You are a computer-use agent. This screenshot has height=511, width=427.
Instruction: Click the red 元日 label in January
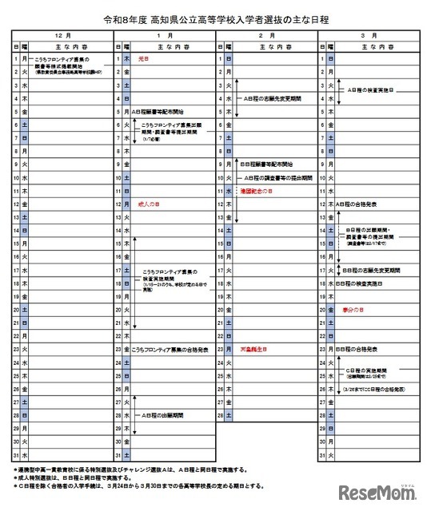click(x=145, y=58)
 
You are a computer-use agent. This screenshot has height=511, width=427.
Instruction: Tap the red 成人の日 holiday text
click(x=149, y=204)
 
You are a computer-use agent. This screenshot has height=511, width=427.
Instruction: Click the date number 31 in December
click(x=16, y=455)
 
